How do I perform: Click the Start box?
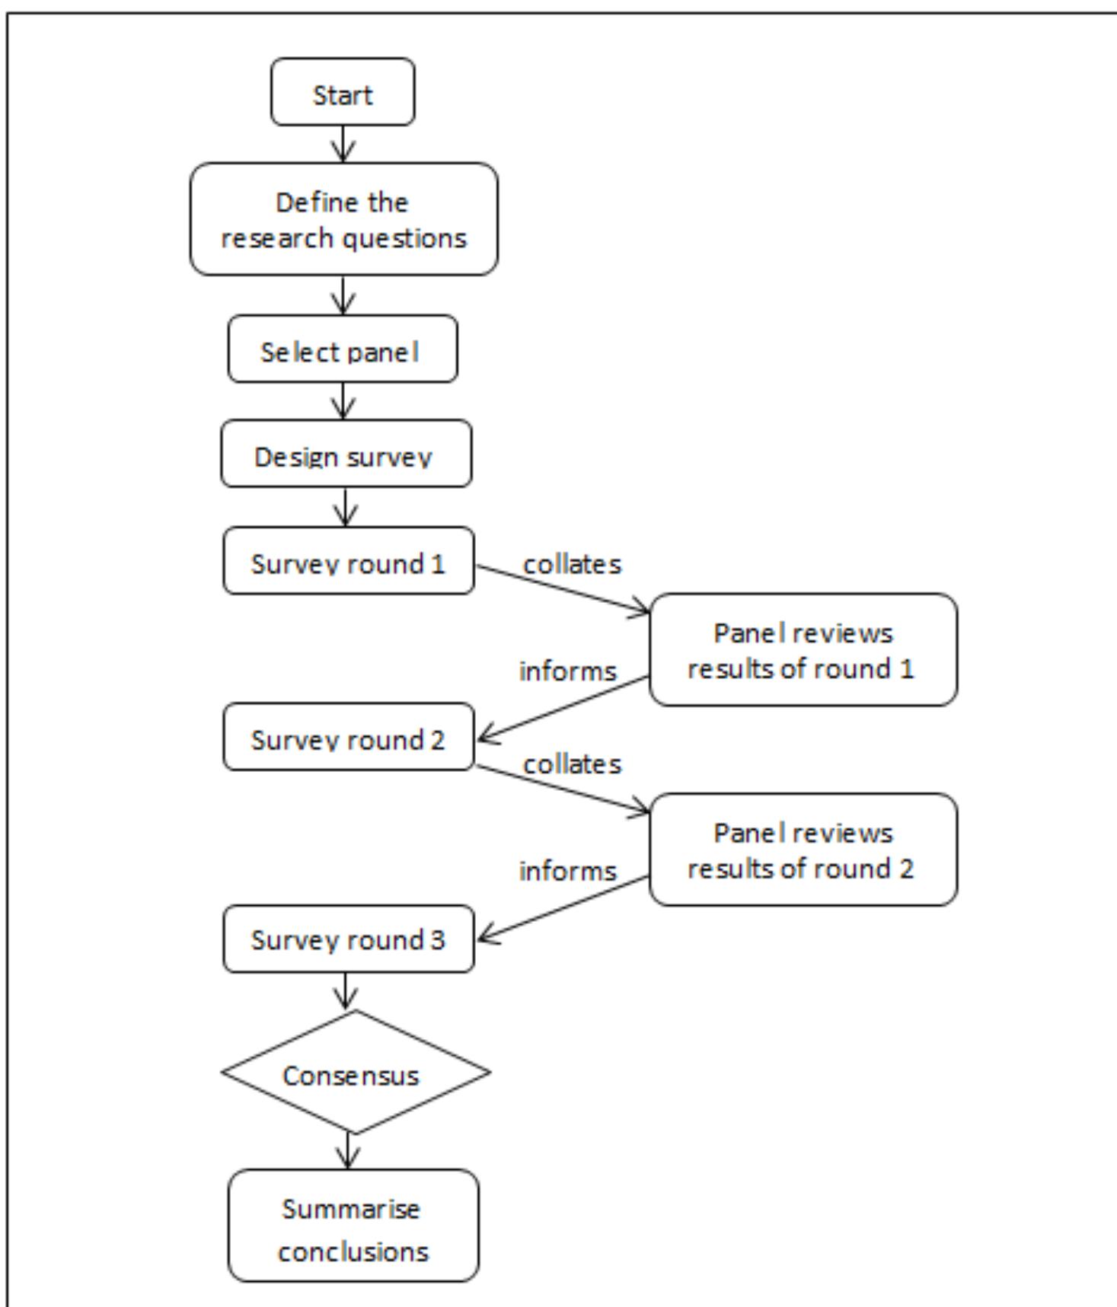tap(343, 92)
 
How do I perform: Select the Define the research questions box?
tap(343, 219)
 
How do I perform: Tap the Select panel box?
tap(343, 349)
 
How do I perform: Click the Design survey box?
tap(346, 454)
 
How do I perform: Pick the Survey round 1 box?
tap(348, 561)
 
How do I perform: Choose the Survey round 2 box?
tap(348, 737)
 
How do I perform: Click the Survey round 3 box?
tap(348, 939)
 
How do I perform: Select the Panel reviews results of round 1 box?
tap(803, 650)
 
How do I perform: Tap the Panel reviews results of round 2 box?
tap(803, 850)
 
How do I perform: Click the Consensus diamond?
tap(355, 1073)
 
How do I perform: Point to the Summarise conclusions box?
tap(353, 1226)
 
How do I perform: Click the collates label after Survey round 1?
tap(572, 564)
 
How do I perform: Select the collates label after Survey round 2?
tap(572, 763)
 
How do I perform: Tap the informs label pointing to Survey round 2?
tap(567, 671)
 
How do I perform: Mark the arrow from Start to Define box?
tap(343, 144)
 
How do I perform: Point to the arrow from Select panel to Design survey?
tap(343, 400)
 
